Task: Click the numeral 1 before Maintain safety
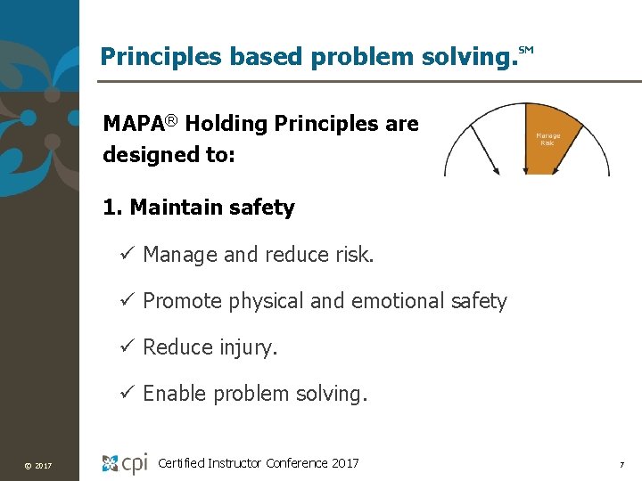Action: pos(110,208)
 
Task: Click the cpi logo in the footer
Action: pos(125,463)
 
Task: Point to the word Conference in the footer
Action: pos(292,463)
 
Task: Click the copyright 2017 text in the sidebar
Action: pos(38,466)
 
